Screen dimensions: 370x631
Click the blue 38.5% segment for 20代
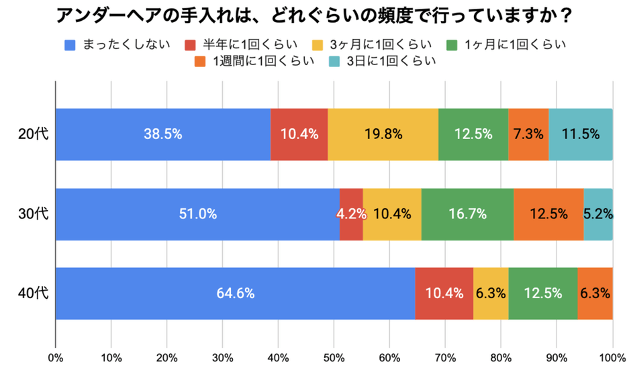(x=162, y=134)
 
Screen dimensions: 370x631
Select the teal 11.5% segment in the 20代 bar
(x=580, y=134)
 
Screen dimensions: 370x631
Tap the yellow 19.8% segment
(x=383, y=134)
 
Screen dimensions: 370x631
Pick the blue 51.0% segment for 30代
(x=197, y=214)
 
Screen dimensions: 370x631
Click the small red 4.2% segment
(x=351, y=214)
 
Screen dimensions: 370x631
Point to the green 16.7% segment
(x=467, y=214)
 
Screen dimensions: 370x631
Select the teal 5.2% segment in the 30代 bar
(x=597, y=214)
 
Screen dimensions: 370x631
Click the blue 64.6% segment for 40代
(x=235, y=293)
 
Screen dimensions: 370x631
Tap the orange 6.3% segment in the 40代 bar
(x=595, y=293)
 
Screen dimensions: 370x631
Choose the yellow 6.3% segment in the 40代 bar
(x=491, y=293)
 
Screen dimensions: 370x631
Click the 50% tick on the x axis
(x=334, y=357)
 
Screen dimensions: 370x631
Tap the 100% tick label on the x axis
(x=612, y=357)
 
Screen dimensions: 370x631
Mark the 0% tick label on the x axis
(x=56, y=357)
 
